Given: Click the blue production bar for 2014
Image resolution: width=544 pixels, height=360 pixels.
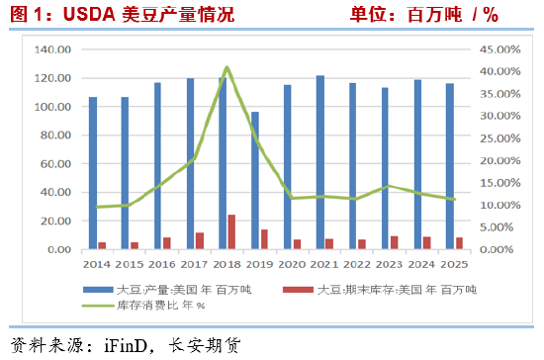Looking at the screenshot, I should pyautogui.click(x=93, y=172).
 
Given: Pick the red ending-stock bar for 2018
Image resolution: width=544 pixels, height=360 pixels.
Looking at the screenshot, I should pyautogui.click(x=231, y=231).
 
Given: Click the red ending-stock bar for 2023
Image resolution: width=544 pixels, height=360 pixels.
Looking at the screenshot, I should pyautogui.click(x=394, y=241).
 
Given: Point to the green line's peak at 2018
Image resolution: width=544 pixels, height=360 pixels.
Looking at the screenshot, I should pyautogui.click(x=227, y=67).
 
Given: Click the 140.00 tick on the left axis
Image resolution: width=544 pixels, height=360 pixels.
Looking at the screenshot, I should pyautogui.click(x=53, y=49).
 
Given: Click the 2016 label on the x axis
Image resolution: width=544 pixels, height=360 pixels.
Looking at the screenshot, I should pyautogui.click(x=162, y=265).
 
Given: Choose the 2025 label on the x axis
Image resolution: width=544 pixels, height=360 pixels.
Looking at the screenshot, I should pyautogui.click(x=453, y=265).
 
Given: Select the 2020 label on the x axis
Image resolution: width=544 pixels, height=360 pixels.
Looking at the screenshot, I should pyautogui.click(x=292, y=265).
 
